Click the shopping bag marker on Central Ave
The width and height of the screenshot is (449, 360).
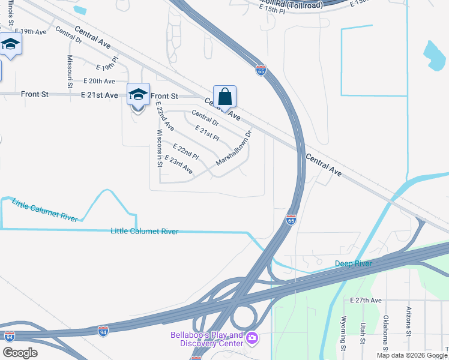click(224, 97)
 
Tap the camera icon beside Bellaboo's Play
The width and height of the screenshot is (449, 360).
click(252, 339)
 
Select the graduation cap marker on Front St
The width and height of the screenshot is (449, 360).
click(137, 95)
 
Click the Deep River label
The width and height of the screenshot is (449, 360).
click(354, 263)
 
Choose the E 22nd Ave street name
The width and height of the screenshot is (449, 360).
click(164, 116)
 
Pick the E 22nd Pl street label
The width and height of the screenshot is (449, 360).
click(185, 151)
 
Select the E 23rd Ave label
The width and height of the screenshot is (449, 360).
click(180, 166)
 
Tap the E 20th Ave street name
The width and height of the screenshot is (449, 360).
click(99, 81)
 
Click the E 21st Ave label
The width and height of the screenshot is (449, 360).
click(100, 95)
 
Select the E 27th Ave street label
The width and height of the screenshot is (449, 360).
click(366, 300)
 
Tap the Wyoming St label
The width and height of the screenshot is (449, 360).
click(344, 334)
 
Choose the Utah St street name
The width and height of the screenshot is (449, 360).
click(363, 334)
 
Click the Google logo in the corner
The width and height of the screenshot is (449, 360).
click(20, 353)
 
